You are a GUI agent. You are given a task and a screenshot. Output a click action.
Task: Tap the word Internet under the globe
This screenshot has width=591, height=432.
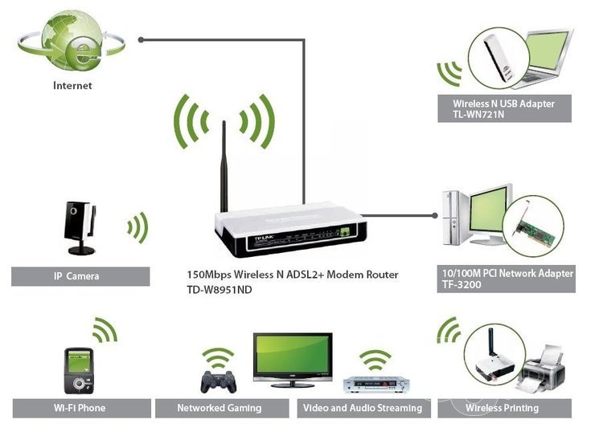72,85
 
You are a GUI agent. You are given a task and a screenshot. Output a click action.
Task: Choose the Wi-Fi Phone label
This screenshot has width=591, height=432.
80,408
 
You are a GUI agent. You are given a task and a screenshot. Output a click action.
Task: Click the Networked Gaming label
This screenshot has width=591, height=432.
220,408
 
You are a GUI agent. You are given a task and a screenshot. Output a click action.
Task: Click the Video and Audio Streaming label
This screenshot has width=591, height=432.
363,408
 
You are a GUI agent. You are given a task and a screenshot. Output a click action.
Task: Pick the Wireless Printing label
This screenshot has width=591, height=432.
503,408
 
